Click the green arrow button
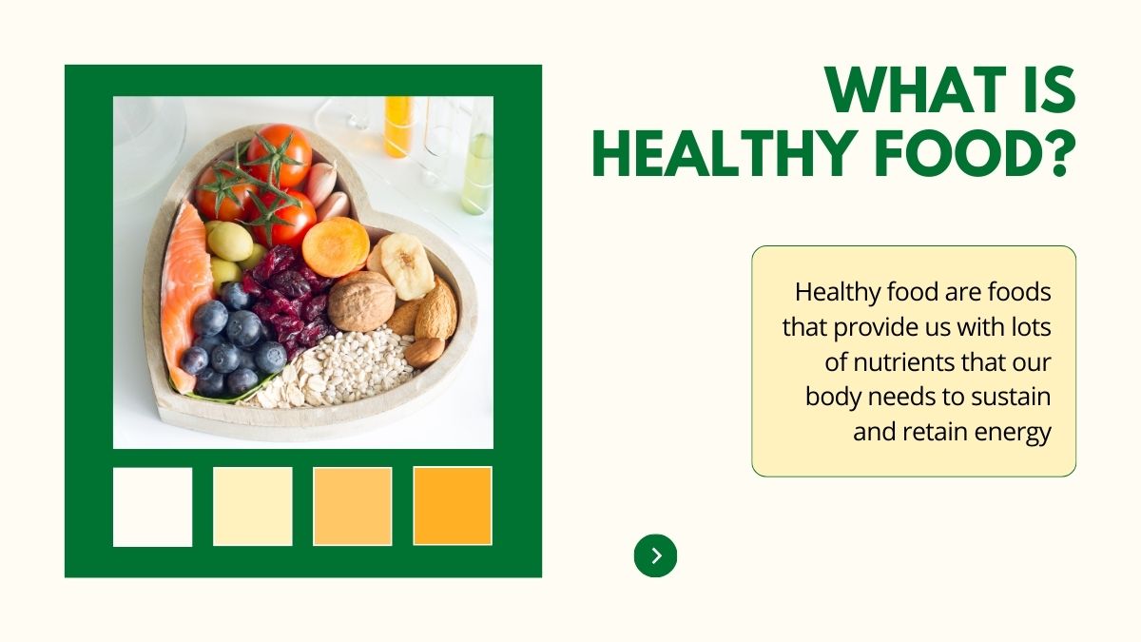coord(655,555)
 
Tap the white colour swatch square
coord(153,507)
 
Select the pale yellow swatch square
coord(253,506)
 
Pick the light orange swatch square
coord(353,506)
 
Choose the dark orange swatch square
coord(453,506)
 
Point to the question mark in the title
coord(1060,152)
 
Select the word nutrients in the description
coord(899,362)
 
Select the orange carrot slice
coord(336,246)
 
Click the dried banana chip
coord(407,266)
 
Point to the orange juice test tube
coord(397,126)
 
